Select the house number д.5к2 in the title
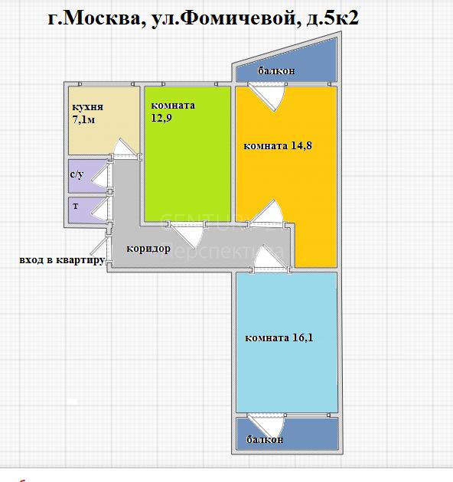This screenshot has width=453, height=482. click(x=332, y=18)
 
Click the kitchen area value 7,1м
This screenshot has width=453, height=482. click(x=83, y=119)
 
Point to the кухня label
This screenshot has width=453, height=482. click(x=88, y=107)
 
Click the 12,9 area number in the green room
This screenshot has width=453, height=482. click(x=161, y=118)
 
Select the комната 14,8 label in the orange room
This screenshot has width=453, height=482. click(x=278, y=145)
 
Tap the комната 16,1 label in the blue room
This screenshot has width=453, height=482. click(x=279, y=338)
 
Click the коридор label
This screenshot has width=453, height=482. click(x=148, y=249)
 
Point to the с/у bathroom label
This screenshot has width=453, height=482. click(x=77, y=174)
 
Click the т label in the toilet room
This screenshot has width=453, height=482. click(x=76, y=206)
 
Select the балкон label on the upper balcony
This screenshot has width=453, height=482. click(x=276, y=71)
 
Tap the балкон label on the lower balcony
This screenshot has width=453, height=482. click(x=265, y=439)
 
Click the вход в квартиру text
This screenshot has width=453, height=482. click(x=62, y=260)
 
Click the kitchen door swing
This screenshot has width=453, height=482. click(x=124, y=148)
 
